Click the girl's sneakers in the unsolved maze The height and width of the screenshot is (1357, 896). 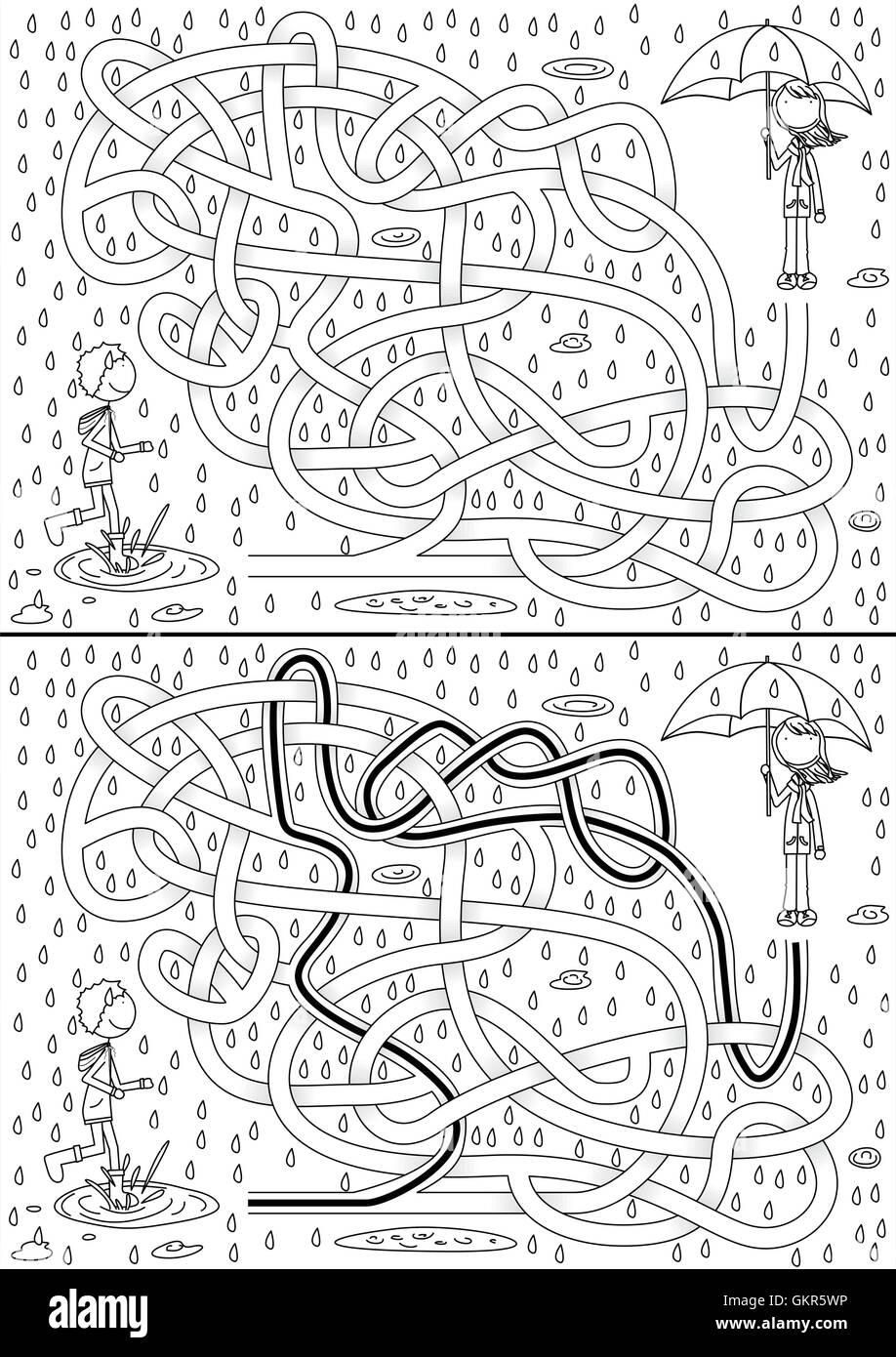pos(796,280)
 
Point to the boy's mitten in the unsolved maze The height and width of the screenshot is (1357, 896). pos(145,446)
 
